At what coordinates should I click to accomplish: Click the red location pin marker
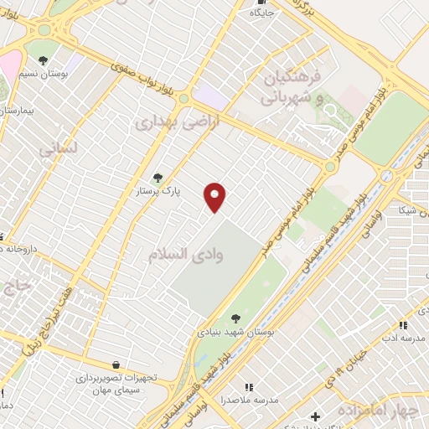pos(215,197)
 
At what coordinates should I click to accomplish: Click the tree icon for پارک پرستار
pos(158,178)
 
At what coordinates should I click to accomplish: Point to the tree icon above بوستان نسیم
pos(43,59)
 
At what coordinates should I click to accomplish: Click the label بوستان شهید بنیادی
pos(236,333)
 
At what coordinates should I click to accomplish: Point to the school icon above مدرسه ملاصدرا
pos(249,386)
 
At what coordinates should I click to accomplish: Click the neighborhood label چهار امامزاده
pos(378,411)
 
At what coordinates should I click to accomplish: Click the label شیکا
pos(410,209)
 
